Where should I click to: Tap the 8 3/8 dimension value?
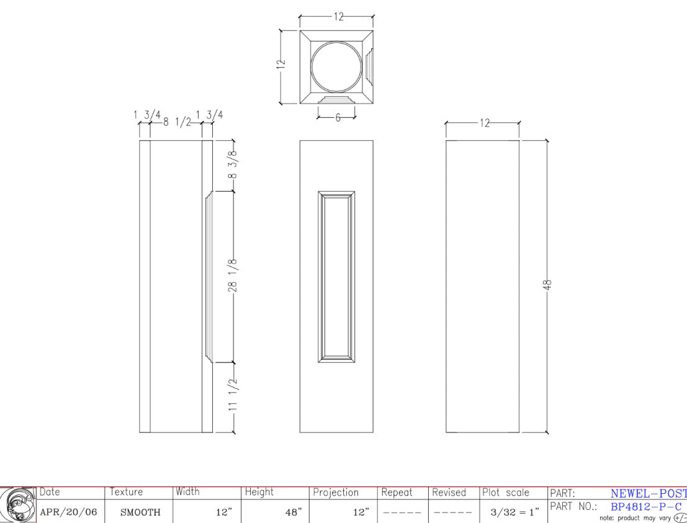coord(234,166)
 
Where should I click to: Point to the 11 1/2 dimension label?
coord(234,395)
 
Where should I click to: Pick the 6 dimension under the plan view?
coord(338,117)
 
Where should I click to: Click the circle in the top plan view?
coord(336,66)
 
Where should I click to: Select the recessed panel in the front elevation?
coord(336,277)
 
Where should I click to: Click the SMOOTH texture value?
coord(140,512)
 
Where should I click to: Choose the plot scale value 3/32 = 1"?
coord(513,512)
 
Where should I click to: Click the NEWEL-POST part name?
coord(648,494)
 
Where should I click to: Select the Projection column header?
coord(336,493)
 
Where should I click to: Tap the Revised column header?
coord(449,493)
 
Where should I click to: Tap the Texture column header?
coord(126,492)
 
